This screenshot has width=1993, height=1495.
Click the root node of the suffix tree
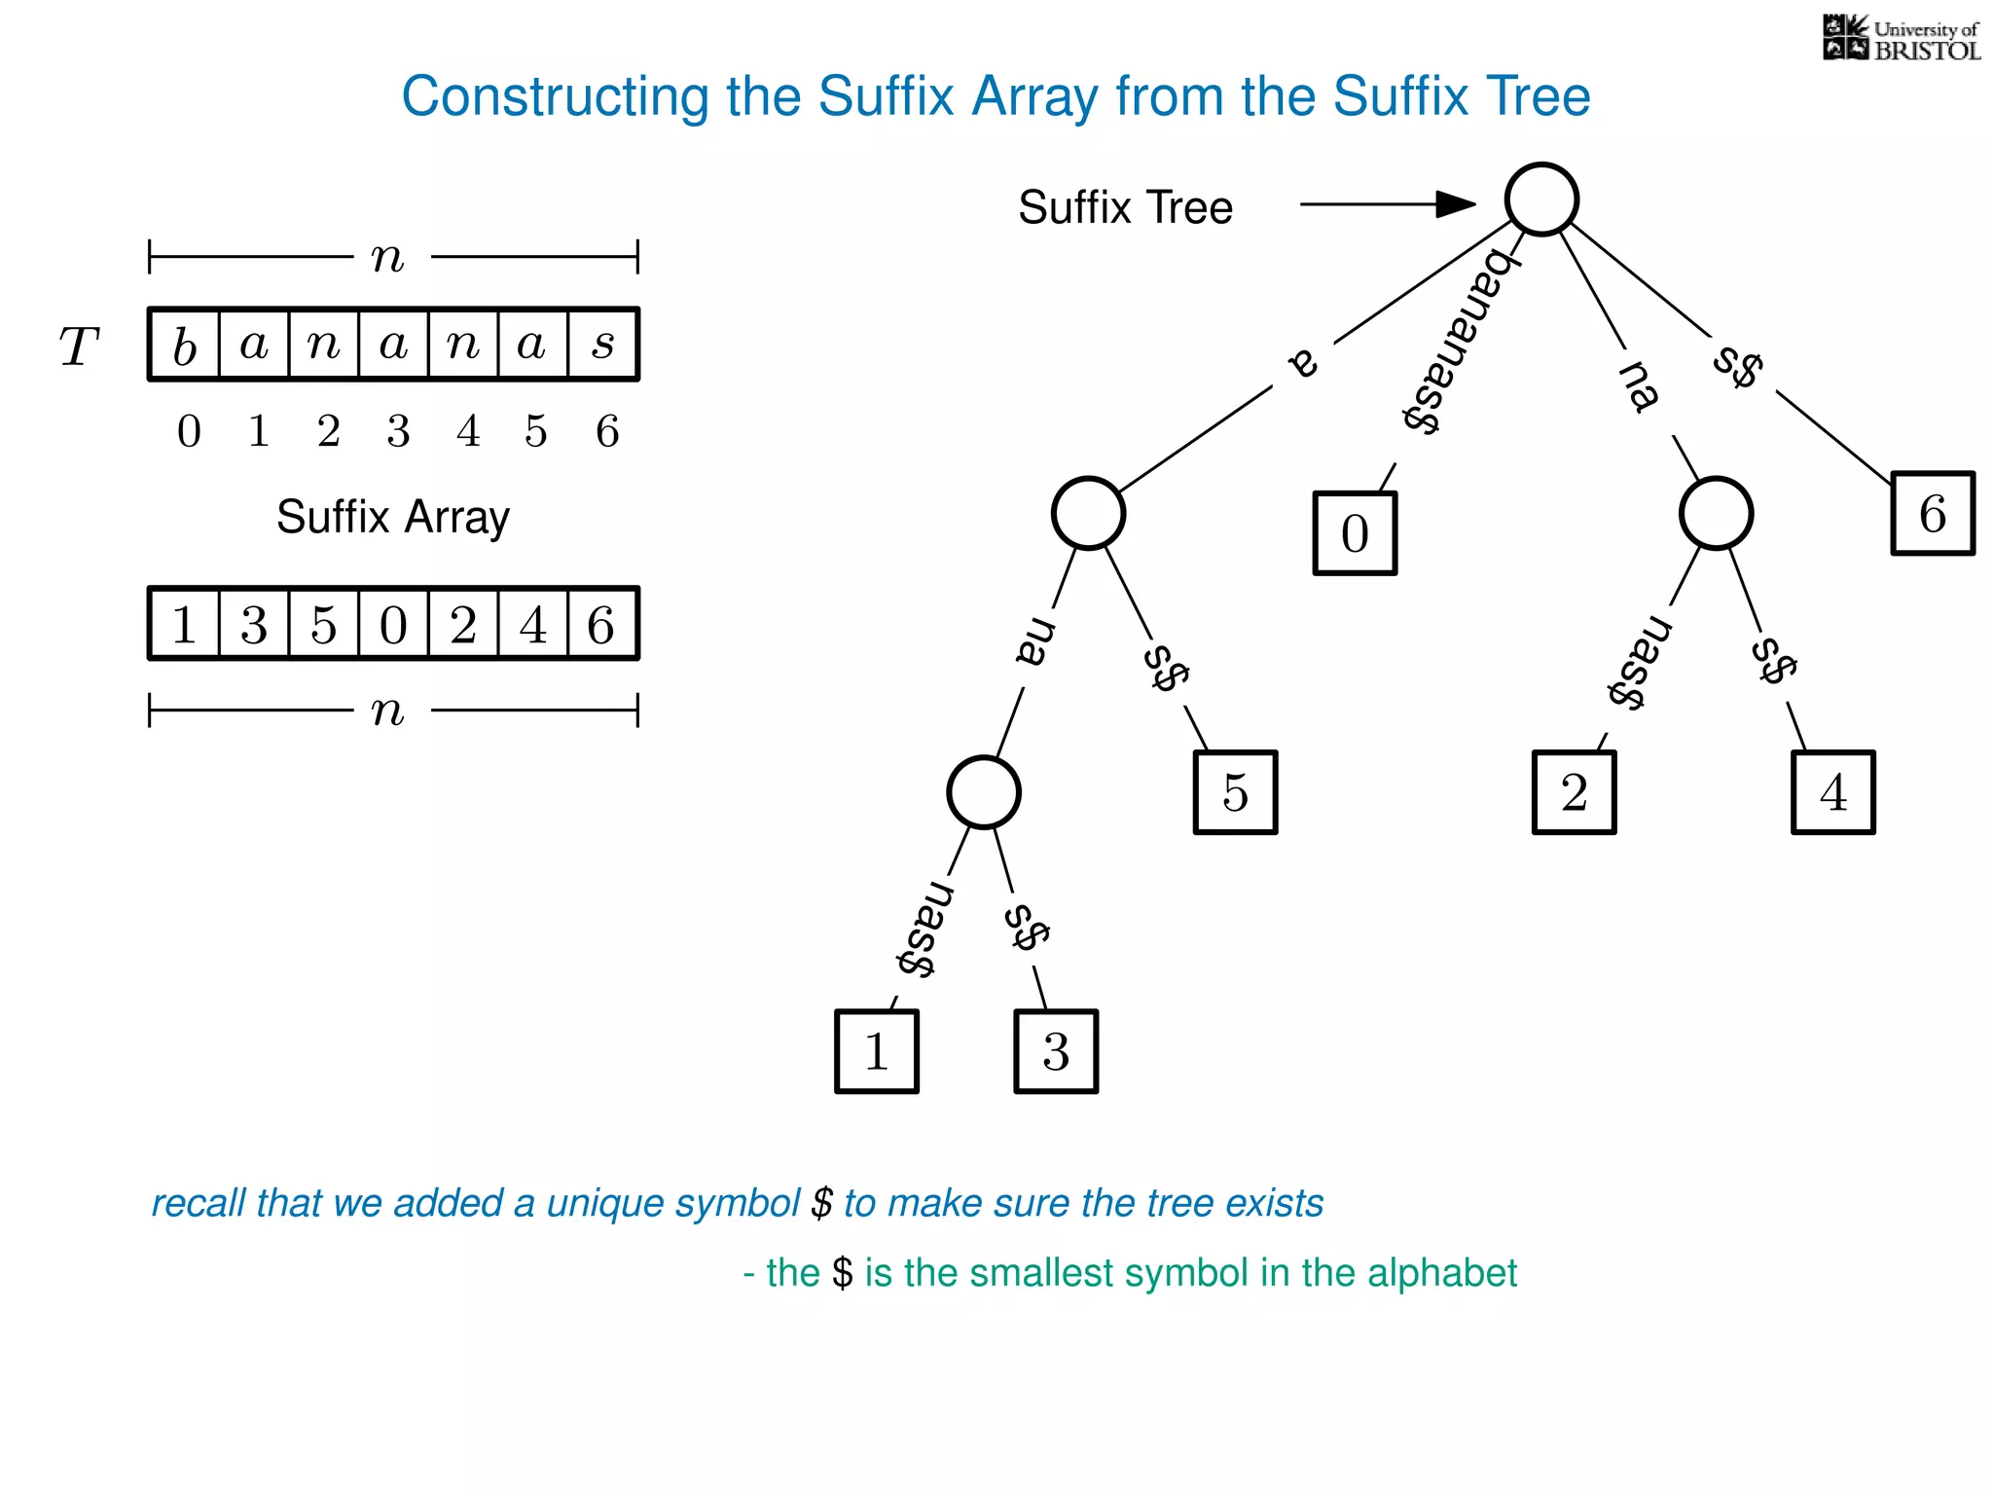pyautogui.click(x=1541, y=200)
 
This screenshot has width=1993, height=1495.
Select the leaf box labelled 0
pyautogui.click(x=1355, y=533)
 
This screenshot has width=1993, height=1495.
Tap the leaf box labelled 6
pyautogui.click(x=1933, y=514)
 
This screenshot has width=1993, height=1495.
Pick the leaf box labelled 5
pyautogui.click(x=1235, y=792)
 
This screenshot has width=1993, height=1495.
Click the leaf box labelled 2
pyautogui.click(x=1574, y=792)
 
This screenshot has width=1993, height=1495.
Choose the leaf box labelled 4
pyautogui.click(x=1832, y=792)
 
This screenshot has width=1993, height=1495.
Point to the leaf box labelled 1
pyautogui.click(x=876, y=1051)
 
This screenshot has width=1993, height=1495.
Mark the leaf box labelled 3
pyautogui.click(x=1056, y=1051)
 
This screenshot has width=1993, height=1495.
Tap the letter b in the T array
pyautogui.click(x=185, y=346)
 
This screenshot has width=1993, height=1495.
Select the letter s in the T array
pyautogui.click(x=603, y=345)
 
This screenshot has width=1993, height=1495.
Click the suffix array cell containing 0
pyautogui.click(x=393, y=624)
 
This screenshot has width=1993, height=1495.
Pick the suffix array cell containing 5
pyautogui.click(x=324, y=624)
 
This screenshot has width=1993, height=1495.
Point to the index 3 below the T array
pyautogui.click(x=398, y=431)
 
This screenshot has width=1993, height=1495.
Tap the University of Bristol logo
pyautogui.click(x=1901, y=39)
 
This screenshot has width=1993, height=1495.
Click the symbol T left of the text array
pyautogui.click(x=79, y=346)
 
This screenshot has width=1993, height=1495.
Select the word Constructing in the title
pyautogui.click(x=555, y=97)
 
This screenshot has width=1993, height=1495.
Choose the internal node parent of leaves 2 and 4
pyautogui.click(x=1716, y=514)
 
